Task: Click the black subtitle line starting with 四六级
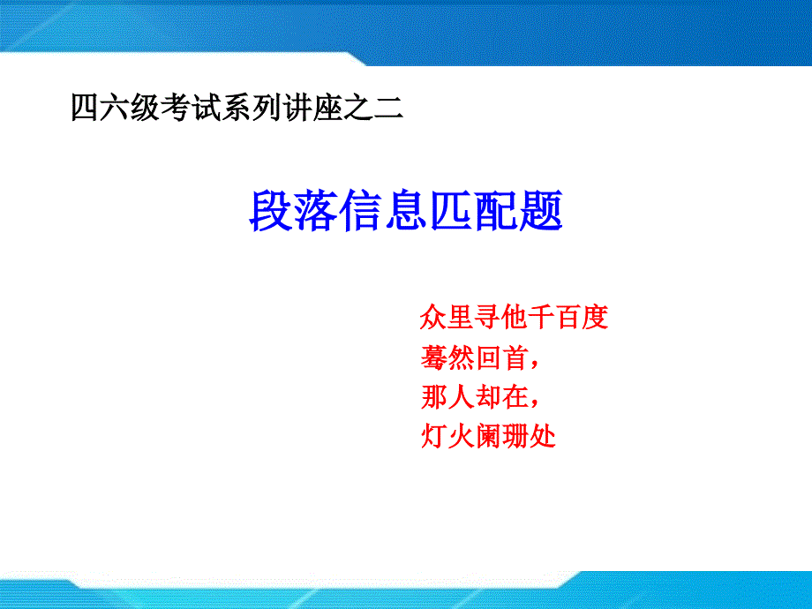coord(237,107)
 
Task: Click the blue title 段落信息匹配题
coord(405,210)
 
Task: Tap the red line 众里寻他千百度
coord(514,317)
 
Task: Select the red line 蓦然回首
coord(479,357)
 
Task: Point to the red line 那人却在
coord(479,397)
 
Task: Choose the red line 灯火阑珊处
coord(488,436)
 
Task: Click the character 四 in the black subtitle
coord(85,108)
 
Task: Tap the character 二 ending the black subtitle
coord(389,108)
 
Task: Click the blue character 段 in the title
coord(270,210)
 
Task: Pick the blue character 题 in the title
coord(541,210)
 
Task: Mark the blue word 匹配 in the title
coord(473,210)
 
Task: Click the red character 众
coord(433,317)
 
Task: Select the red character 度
coord(595,317)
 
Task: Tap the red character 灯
coord(433,436)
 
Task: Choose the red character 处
coord(543,436)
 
